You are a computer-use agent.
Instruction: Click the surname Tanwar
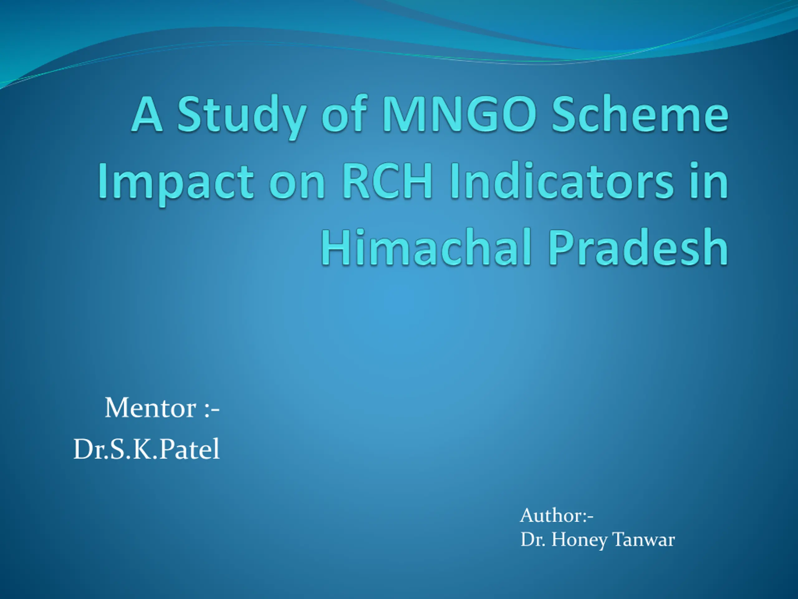643,539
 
